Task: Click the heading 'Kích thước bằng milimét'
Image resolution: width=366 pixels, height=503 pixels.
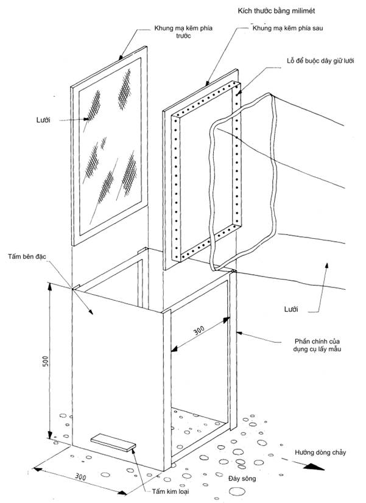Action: click(x=276, y=11)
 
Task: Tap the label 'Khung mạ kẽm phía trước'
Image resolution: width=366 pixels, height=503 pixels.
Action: click(x=183, y=32)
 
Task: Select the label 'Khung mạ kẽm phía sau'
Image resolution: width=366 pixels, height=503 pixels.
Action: click(x=287, y=28)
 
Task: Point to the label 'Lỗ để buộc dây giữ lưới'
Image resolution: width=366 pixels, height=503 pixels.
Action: click(x=320, y=61)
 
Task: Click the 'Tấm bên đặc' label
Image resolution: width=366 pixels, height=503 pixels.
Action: click(x=27, y=256)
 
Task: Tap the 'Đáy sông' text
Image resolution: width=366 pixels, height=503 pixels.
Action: click(x=242, y=478)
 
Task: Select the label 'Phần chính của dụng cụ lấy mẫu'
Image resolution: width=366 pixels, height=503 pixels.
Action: click(x=317, y=345)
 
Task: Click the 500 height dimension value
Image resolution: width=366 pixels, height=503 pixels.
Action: click(x=46, y=361)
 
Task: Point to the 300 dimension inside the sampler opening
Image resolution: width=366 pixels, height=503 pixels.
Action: click(x=199, y=331)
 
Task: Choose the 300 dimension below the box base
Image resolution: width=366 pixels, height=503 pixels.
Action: click(x=80, y=477)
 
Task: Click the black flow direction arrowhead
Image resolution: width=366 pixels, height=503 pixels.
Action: click(x=314, y=466)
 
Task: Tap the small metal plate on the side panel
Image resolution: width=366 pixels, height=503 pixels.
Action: click(x=113, y=443)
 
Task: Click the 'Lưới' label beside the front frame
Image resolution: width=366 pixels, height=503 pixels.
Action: click(x=43, y=120)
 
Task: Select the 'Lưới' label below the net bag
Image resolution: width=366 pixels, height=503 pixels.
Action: click(x=291, y=309)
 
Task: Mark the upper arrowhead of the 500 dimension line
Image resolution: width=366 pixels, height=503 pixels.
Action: click(x=50, y=287)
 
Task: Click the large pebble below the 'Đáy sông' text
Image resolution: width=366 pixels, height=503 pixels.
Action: click(x=237, y=491)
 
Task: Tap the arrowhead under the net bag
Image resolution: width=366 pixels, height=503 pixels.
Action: click(x=327, y=266)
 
